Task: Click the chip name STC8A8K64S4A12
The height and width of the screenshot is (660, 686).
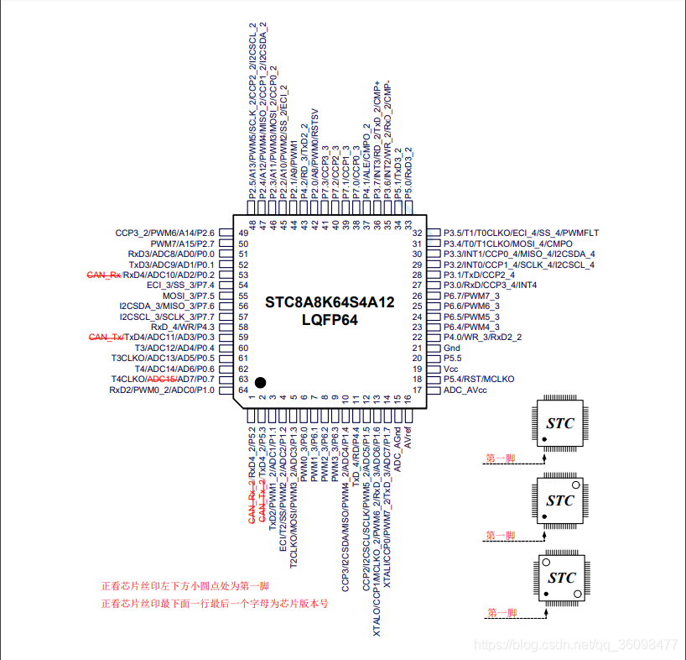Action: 330,302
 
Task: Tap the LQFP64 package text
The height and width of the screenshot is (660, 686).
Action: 330,320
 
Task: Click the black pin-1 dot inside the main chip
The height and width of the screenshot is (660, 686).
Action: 260,383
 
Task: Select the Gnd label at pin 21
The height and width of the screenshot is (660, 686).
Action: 451,348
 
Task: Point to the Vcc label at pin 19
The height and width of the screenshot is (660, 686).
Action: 450,369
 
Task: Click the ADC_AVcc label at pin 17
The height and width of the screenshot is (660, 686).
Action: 465,390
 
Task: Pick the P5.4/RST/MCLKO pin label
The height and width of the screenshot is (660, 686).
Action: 479,380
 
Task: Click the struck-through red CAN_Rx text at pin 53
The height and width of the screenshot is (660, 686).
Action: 104,275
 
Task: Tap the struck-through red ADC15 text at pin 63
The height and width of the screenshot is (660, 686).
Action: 163,380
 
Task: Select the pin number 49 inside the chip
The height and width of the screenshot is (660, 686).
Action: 243,233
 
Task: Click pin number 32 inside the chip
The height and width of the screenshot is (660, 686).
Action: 417,233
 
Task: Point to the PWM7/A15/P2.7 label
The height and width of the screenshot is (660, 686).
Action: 183,244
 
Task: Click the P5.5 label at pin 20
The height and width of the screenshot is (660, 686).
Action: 452,359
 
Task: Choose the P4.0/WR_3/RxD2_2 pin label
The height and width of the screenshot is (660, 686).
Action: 482,338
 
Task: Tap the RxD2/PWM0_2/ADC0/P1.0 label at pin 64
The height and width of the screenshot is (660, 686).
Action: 162,390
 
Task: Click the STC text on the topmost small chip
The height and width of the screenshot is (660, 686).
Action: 560,423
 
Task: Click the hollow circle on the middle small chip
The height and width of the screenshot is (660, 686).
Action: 576,485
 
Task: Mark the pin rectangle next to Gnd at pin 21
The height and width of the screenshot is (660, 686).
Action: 434,348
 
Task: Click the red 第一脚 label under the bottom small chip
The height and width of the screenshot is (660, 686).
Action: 502,613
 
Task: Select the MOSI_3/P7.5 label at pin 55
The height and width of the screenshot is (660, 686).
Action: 189,296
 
